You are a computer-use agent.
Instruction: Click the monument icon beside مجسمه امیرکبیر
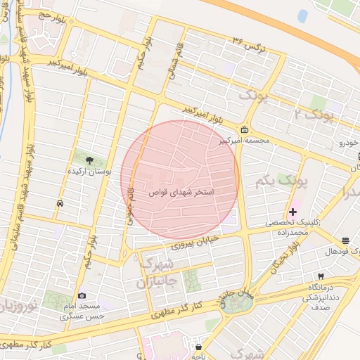244,130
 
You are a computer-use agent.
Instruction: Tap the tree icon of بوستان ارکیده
88,160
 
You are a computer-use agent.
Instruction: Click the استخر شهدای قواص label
181,191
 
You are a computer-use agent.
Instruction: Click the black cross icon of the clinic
293,212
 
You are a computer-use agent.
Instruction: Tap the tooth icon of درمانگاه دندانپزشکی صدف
321,277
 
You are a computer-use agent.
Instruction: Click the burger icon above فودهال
345,240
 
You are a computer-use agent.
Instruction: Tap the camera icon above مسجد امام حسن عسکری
82,296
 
